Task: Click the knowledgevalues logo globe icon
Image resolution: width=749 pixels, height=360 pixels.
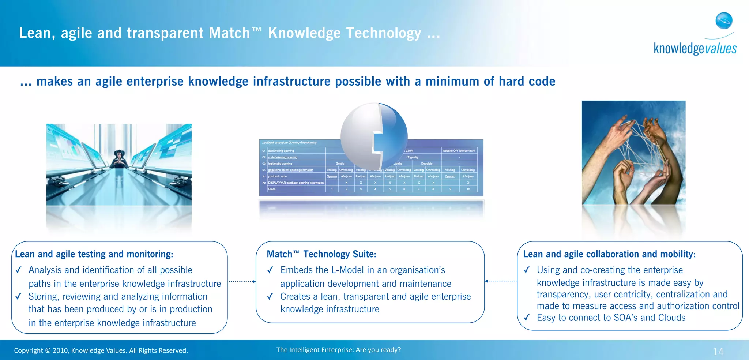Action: tap(724, 20)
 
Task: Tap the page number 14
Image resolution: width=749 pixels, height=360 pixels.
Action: tap(718, 352)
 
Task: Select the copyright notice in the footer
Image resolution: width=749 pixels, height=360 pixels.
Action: tap(101, 350)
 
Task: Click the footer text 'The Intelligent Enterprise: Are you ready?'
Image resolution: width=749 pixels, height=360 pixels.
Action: tap(338, 350)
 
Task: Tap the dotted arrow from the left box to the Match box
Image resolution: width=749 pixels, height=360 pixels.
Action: tap(242, 282)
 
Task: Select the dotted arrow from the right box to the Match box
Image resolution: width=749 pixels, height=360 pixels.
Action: tap(501, 281)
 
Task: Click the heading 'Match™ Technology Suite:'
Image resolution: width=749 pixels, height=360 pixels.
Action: tap(321, 254)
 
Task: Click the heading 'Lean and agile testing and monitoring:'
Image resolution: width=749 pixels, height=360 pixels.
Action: tap(94, 254)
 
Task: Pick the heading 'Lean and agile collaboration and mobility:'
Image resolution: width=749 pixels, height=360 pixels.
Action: tap(609, 254)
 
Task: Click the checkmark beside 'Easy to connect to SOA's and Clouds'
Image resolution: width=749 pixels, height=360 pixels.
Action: tap(526, 318)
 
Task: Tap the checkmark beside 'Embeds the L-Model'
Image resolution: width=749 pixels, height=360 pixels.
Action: tap(270, 270)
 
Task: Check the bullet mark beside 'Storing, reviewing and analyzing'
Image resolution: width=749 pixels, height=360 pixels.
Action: tap(18, 296)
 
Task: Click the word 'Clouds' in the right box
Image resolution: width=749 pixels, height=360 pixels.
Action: tap(671, 318)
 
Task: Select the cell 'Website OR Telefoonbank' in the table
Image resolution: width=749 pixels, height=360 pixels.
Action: tap(459, 151)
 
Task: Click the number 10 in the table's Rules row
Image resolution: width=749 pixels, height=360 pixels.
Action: tap(468, 189)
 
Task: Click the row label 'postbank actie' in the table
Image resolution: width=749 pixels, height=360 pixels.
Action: tap(278, 176)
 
